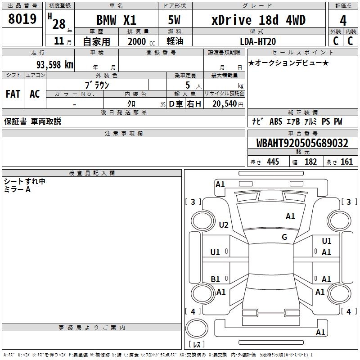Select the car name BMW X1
point(116,20)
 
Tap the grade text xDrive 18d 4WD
point(258,20)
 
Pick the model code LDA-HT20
point(258,41)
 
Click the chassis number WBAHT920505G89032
point(302,143)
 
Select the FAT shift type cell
point(13,94)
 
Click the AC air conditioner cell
point(35,94)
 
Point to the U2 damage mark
point(224,225)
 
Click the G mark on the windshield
point(284,237)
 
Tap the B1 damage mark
point(216,279)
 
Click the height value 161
point(346,162)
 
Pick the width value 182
point(310,162)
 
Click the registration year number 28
point(58,23)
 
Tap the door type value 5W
point(175,20)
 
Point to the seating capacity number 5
point(187,85)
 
